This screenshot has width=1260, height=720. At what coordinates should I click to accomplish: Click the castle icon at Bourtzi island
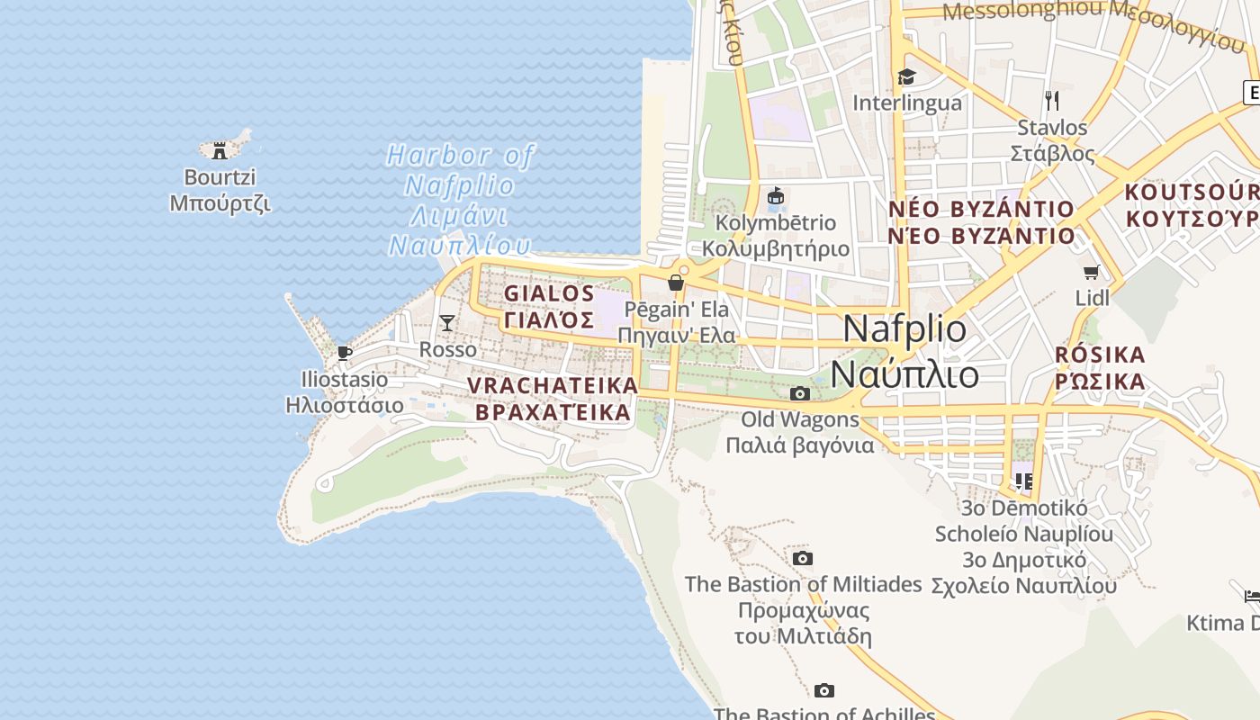click(x=219, y=151)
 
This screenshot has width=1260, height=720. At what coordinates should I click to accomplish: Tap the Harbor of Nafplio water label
click(x=460, y=200)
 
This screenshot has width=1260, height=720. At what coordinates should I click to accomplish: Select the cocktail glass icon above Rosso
click(x=446, y=322)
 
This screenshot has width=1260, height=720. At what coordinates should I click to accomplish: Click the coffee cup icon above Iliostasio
click(x=344, y=353)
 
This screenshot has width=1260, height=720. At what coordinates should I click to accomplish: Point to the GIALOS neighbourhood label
click(x=549, y=306)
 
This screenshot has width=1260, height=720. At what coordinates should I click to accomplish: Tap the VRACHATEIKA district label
click(x=553, y=399)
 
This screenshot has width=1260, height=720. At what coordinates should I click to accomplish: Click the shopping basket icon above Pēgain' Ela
click(x=676, y=283)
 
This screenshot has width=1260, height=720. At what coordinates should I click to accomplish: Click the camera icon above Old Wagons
click(x=799, y=393)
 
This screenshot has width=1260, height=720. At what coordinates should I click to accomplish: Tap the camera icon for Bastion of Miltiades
click(x=803, y=558)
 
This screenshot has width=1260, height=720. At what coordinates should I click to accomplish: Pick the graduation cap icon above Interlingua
click(x=906, y=77)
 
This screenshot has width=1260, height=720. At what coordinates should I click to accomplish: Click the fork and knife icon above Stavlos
click(x=1051, y=100)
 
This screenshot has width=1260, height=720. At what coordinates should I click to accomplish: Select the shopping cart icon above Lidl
click(x=1092, y=271)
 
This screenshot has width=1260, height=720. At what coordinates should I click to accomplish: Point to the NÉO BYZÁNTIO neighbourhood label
click(x=982, y=222)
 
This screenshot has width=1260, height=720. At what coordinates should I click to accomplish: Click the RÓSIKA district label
click(x=1100, y=367)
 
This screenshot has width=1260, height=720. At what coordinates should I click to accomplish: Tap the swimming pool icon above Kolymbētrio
click(x=775, y=195)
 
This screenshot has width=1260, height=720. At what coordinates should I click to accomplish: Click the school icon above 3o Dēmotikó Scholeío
click(x=1023, y=481)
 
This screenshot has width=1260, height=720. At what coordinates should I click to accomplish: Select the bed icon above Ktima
click(x=1252, y=596)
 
